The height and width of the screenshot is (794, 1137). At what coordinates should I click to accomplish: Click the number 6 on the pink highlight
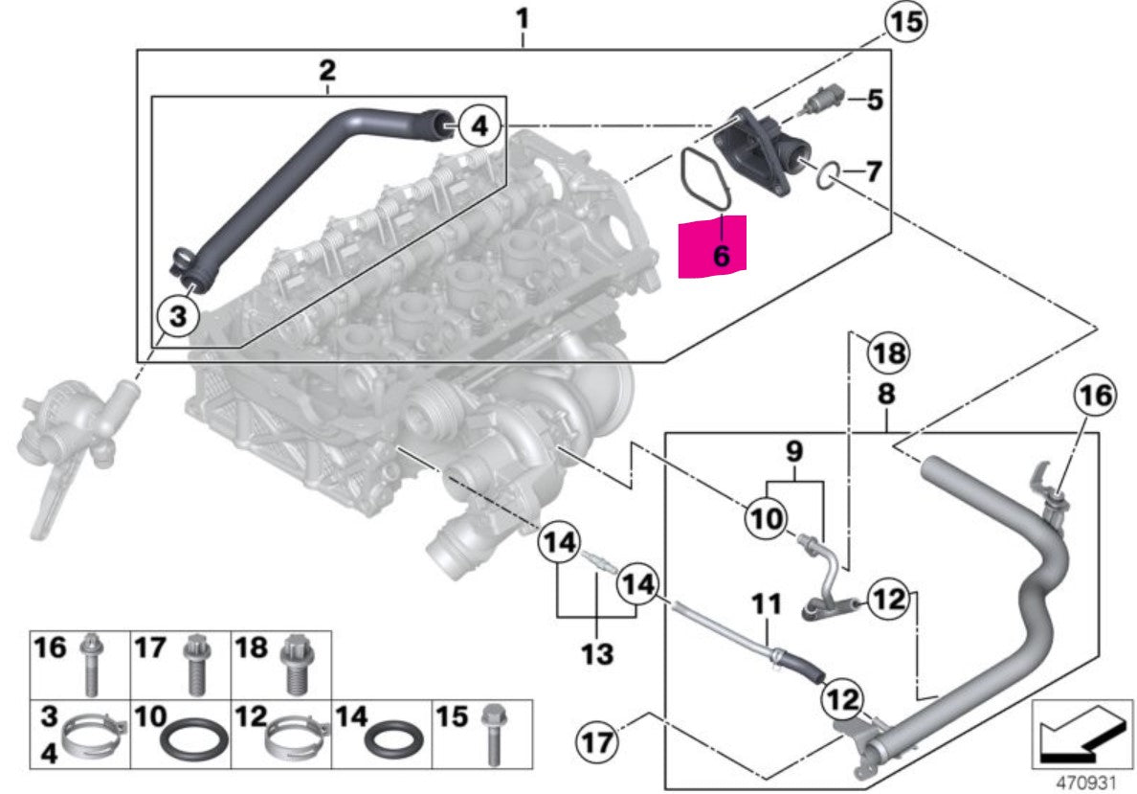[721, 255]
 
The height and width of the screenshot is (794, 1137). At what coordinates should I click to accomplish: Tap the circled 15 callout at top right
[904, 22]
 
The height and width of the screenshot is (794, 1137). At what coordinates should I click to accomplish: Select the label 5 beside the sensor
[874, 99]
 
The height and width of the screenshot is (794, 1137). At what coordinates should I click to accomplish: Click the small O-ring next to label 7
[830, 174]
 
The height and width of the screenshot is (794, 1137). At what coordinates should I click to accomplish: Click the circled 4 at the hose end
[479, 124]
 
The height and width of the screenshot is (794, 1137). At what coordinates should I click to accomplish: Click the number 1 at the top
[522, 17]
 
